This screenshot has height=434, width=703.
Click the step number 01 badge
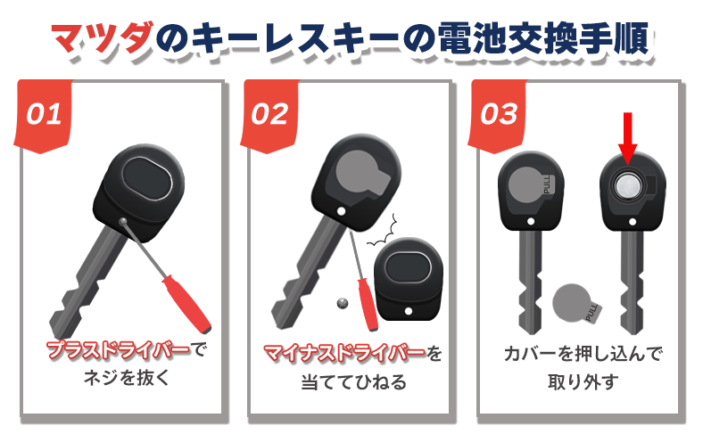44,116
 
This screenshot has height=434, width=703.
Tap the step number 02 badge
270,116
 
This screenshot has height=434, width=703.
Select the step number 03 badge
498,116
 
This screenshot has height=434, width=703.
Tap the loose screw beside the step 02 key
343,303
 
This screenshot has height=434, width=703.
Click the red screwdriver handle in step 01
186,303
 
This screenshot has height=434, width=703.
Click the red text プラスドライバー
119,350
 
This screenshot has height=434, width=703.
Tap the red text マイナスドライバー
343,354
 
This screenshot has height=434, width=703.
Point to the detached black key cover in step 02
408,280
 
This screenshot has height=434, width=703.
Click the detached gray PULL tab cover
575,303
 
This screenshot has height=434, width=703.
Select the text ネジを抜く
127,378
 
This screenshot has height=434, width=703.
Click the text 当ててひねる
354,382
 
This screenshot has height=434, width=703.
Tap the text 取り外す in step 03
583,382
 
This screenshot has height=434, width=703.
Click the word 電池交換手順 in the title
543,38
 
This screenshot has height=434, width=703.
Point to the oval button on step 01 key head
147,179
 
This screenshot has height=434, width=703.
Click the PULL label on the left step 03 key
548,184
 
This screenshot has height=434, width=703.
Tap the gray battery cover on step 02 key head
360,176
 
